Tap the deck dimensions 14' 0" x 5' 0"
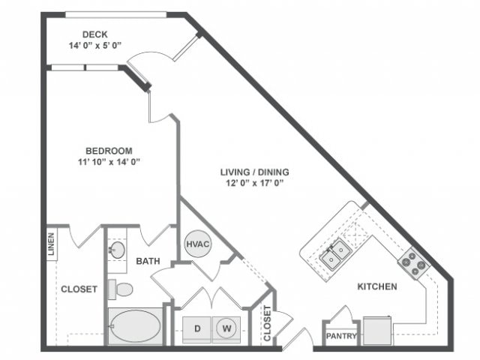click(95, 45)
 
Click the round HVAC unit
click(196, 244)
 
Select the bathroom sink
click(118, 249)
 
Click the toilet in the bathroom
click(121, 289)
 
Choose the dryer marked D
click(198, 328)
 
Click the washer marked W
click(225, 328)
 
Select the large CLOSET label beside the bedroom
click(79, 289)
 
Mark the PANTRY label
click(341, 337)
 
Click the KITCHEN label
click(376, 286)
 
